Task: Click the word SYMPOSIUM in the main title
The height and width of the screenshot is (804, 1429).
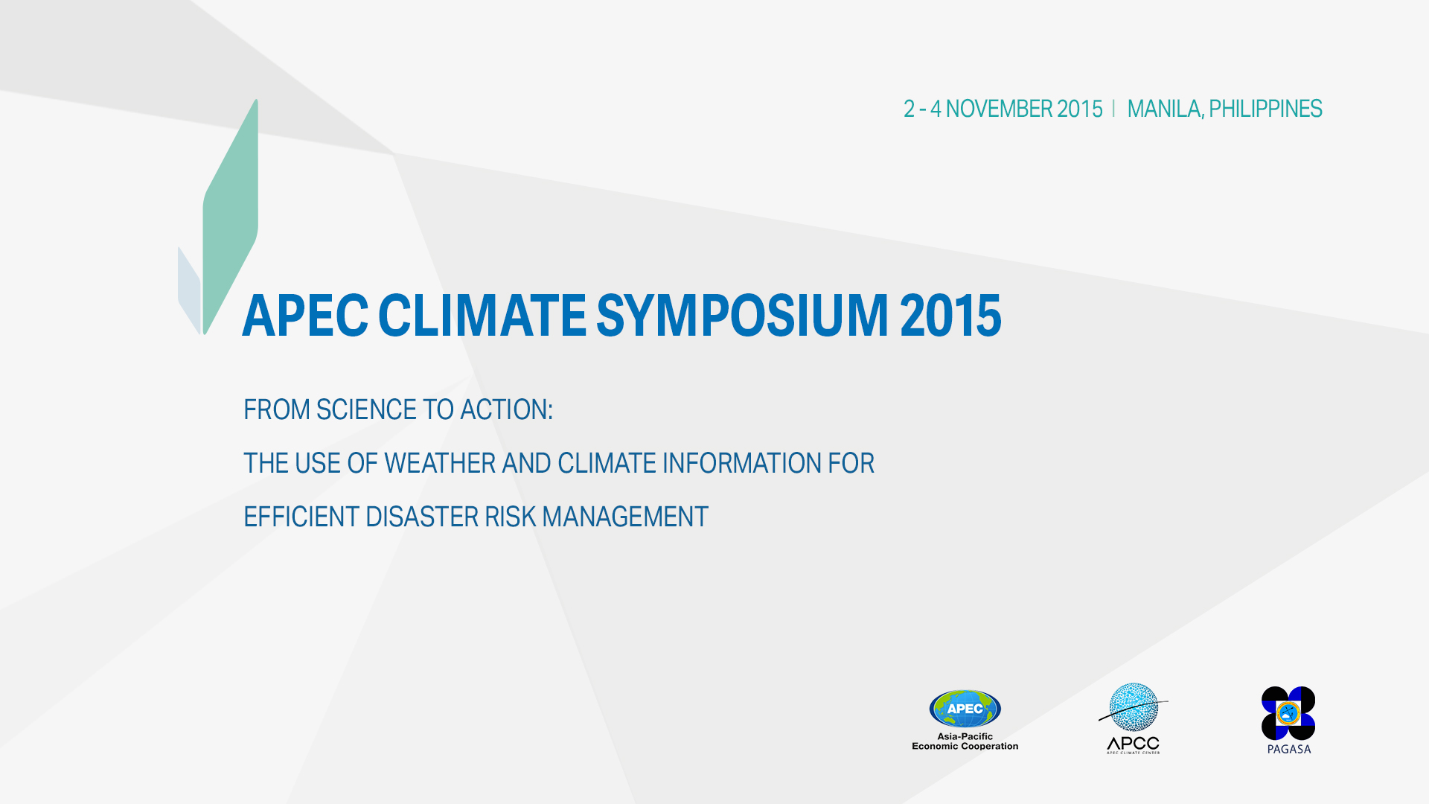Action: tap(742, 316)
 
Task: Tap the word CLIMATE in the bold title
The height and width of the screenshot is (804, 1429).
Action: tap(482, 315)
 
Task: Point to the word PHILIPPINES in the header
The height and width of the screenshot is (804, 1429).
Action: tap(1265, 109)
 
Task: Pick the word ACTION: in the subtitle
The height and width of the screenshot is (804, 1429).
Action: tap(506, 410)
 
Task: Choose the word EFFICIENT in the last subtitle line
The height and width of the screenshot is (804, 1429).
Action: tap(301, 517)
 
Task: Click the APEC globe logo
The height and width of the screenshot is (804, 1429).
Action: tap(965, 709)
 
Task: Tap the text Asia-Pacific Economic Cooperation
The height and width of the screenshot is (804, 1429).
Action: tap(965, 741)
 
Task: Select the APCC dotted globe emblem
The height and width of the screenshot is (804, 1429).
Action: tap(1134, 707)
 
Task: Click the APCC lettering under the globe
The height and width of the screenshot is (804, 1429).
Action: tap(1133, 744)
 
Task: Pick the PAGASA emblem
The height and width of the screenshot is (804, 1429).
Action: tap(1288, 713)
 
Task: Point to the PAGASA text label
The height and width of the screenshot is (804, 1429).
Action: tap(1289, 750)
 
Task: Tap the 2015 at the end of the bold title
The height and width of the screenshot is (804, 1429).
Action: tap(950, 316)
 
